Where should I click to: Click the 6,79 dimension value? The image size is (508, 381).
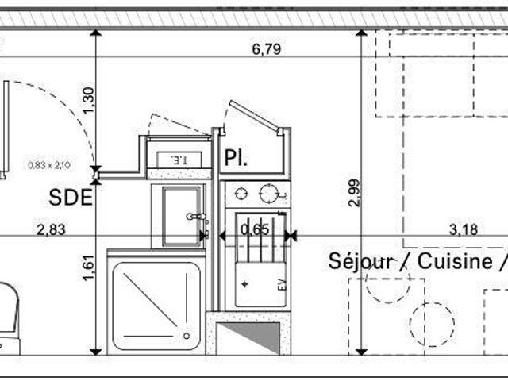pyautogui.click(x=267, y=49)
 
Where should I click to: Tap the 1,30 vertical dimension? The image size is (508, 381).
pyautogui.click(x=89, y=100)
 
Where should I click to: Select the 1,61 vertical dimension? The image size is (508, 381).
pyautogui.click(x=89, y=268)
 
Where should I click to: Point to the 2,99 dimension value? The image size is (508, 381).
pyautogui.click(x=354, y=193)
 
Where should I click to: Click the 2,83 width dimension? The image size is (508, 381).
pyautogui.click(x=51, y=230)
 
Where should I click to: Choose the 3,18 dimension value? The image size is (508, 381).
pyautogui.click(x=464, y=229)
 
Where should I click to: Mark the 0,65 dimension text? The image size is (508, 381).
pyautogui.click(x=255, y=229)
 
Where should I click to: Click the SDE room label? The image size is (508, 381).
pyautogui.click(x=71, y=198)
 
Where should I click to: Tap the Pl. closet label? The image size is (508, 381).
pyautogui.click(x=236, y=158)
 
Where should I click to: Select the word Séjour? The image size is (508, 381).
pyautogui.click(x=361, y=261)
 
